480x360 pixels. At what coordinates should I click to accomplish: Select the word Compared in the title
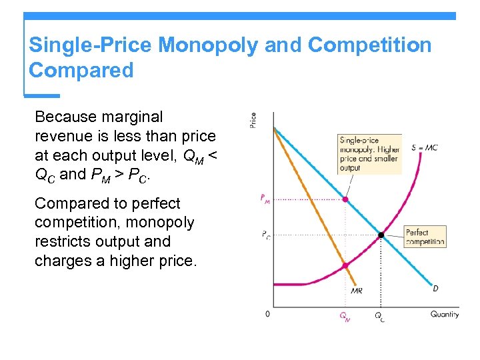pos(81,70)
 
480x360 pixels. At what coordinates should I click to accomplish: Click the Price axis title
pos(253,120)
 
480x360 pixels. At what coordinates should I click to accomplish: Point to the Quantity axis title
pos(445,314)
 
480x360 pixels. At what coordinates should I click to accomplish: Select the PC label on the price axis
pos(265,235)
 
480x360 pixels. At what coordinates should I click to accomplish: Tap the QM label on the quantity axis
pos(345,317)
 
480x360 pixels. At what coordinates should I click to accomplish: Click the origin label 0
pos(267,313)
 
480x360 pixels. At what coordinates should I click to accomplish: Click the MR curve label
pos(357,291)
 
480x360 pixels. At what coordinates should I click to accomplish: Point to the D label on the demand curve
pos(435,288)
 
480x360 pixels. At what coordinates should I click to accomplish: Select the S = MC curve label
pos(424,147)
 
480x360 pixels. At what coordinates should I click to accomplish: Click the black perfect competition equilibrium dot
pos(381,235)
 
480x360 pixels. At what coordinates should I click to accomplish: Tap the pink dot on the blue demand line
pos(345,199)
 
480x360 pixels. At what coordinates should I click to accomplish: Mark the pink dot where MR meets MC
pos(345,265)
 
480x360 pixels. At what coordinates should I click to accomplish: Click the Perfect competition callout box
pos(425,237)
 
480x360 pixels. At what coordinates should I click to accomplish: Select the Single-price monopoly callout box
pos(369,154)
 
